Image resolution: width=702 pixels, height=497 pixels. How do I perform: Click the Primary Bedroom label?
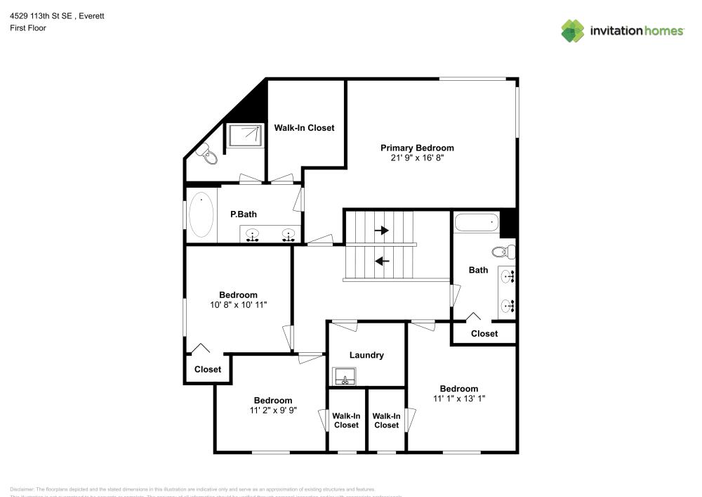coord(417,148)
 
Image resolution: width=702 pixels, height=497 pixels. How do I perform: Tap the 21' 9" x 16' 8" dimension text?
coord(417,158)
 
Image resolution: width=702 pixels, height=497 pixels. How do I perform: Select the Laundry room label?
coord(366,355)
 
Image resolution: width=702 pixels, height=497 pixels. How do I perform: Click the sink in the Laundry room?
coord(345,377)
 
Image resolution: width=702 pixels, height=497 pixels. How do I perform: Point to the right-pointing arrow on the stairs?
coord(382,230)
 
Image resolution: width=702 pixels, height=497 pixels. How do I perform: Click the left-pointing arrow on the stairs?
coord(382,262)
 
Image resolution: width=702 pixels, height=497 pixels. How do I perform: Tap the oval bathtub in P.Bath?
coord(201,215)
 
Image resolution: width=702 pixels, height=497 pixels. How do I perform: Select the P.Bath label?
coord(241,214)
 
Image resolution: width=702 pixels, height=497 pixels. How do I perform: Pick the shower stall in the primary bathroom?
coord(245,135)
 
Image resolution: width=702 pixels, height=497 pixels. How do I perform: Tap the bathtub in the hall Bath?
coord(477,223)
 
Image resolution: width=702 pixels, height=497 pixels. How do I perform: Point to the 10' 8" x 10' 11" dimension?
coord(238,305)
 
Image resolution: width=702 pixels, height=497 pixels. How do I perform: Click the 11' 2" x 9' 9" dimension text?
coord(273,411)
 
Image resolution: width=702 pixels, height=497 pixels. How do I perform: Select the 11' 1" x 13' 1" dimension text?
coord(459,399)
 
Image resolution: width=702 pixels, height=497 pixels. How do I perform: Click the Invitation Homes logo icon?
coord(573,30)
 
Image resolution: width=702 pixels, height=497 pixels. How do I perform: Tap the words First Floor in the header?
coord(28,28)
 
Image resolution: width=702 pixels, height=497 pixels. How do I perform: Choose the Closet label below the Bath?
coord(484,333)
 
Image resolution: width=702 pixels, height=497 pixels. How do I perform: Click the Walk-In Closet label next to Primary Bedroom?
coord(304,128)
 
